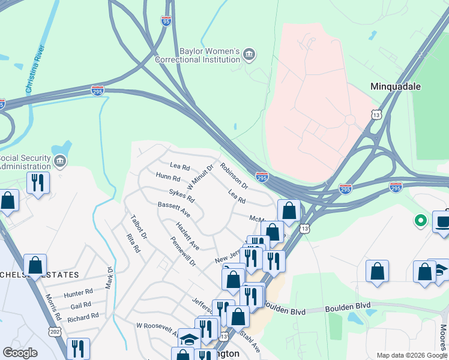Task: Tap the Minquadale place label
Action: pyautogui.click(x=395, y=86)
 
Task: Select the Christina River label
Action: pyautogui.click(x=35, y=69)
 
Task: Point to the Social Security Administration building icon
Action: pyautogui.click(x=59, y=161)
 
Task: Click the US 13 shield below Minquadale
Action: pyautogui.click(x=376, y=114)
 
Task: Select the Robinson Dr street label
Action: pyautogui.click(x=234, y=174)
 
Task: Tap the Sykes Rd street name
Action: pyautogui.click(x=181, y=195)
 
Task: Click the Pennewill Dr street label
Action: pyautogui.click(x=182, y=254)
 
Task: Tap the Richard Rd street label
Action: pyautogui.click(x=83, y=317)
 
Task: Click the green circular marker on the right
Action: pyautogui.click(x=421, y=221)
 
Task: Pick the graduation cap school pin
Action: pyautogui.click(x=189, y=339)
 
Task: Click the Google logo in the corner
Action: pyautogui.click(x=20, y=353)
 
